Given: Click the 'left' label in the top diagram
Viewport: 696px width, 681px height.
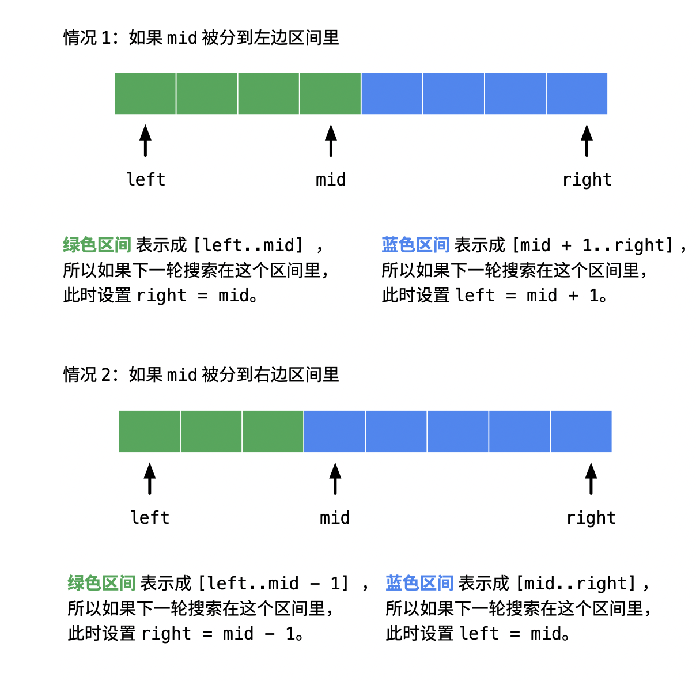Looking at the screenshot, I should point(146,179).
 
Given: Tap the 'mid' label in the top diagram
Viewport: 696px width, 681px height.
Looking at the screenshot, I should point(331,179).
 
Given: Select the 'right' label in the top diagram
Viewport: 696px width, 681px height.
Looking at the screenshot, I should point(587,180).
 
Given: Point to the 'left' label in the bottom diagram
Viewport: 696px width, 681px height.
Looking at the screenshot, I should point(150,517).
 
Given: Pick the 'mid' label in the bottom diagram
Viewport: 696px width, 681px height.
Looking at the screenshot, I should point(335,517).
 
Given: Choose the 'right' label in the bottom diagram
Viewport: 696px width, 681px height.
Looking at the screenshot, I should point(591,518).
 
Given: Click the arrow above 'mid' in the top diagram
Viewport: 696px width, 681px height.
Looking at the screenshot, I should point(331,141).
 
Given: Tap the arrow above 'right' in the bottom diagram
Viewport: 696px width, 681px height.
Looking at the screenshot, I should point(591,479).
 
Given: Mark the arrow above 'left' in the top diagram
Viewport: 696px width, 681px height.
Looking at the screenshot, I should point(146,141).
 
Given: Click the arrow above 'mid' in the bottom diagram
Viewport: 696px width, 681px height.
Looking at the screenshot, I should point(335,479).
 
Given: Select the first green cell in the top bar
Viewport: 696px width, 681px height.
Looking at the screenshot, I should point(145,93).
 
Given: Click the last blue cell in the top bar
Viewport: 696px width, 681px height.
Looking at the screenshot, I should point(577,93).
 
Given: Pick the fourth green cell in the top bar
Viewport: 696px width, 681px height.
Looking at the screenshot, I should point(330,93).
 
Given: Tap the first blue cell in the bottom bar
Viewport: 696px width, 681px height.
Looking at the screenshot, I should point(334,432).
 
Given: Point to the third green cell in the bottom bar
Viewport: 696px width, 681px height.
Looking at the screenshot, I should point(273,432).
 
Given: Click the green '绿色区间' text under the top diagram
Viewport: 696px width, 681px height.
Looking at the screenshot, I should point(97,245).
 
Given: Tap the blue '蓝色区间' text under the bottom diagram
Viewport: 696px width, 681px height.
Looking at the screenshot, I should point(419,583).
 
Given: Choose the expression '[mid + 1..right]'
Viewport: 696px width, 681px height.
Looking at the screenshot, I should point(593,245).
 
